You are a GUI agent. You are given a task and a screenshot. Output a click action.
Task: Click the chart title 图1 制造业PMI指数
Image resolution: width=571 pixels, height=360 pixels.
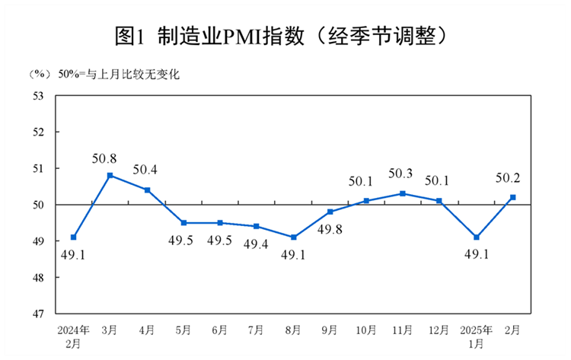[x=285, y=35]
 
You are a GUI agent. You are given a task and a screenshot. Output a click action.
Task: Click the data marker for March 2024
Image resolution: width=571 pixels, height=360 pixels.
[x=110, y=175]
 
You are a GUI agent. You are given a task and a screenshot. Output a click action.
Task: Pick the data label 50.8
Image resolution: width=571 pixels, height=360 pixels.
[x=104, y=159]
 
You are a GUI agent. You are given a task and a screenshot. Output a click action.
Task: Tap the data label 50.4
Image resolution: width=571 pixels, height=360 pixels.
[x=145, y=169]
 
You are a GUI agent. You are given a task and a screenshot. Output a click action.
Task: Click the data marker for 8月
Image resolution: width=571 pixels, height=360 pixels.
[x=294, y=237]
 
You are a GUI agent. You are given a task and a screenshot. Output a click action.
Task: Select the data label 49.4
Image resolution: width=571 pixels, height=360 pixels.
[x=256, y=244]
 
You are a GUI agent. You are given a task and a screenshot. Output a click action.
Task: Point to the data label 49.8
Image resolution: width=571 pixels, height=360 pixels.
[x=329, y=231]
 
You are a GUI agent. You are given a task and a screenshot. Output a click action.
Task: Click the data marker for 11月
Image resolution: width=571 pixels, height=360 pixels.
[x=403, y=193]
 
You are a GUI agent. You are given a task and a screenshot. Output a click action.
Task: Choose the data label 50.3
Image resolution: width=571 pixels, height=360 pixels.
[x=400, y=174]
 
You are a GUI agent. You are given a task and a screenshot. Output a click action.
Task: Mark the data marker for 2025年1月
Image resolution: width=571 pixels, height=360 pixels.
[x=477, y=237]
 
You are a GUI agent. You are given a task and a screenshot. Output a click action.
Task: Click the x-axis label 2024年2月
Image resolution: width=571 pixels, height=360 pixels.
[x=74, y=336]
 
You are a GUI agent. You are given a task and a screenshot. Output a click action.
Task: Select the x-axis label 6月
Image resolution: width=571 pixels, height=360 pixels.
[x=220, y=330]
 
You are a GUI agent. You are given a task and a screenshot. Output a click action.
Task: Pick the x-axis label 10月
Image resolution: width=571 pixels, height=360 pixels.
[x=366, y=330]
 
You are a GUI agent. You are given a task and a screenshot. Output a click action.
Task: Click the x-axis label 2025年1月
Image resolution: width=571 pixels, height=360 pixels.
[x=477, y=336]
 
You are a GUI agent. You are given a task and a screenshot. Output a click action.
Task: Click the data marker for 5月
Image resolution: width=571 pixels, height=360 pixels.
[x=183, y=223]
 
